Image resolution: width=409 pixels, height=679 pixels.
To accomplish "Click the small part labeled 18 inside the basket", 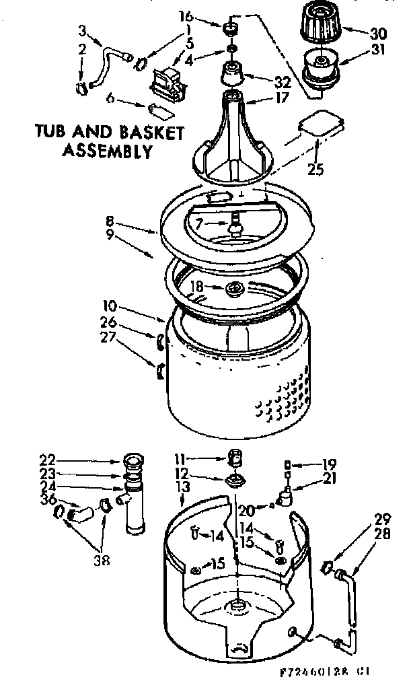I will coord(236,289).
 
